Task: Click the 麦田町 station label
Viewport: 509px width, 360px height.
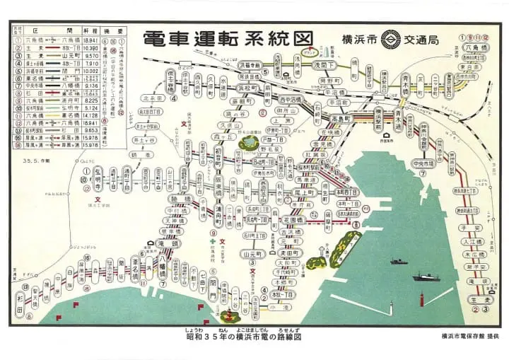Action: click(288, 252)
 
